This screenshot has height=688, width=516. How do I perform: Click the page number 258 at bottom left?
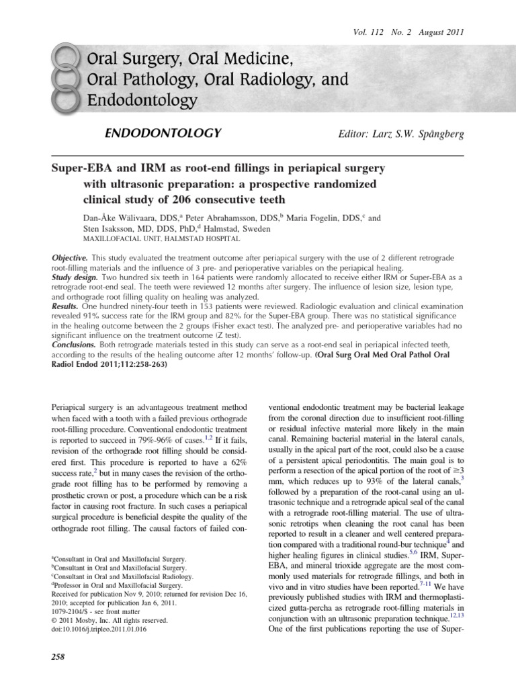(x=58, y=656)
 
